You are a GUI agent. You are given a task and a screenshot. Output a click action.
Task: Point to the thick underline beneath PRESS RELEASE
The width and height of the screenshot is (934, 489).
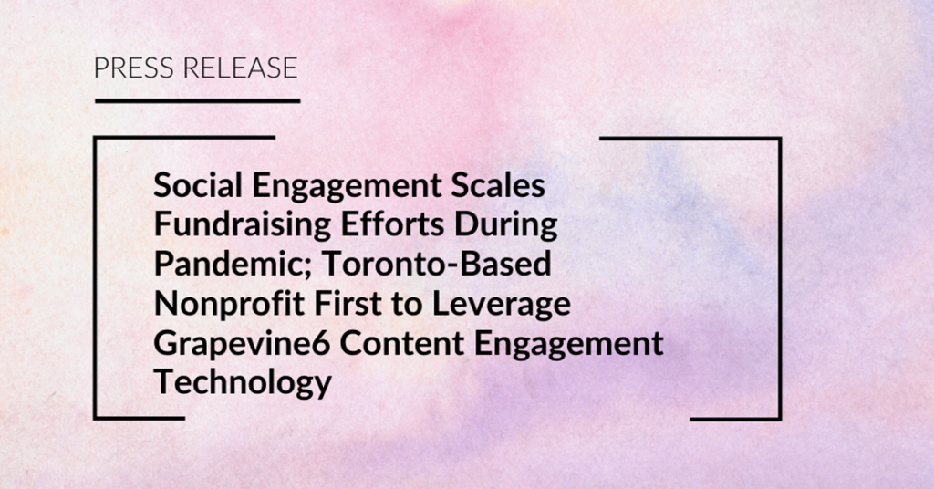click(198, 100)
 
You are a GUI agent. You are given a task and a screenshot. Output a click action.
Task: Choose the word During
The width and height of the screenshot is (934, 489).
click(506, 226)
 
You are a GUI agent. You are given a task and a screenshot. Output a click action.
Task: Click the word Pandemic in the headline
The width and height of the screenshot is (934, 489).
click(233, 264)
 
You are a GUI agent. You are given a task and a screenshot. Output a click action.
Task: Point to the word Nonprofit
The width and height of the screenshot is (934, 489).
click(229, 305)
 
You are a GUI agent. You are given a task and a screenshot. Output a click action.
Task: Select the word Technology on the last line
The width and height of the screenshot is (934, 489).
click(243, 383)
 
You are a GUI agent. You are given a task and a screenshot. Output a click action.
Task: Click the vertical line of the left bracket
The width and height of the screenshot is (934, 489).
click(95, 278)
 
